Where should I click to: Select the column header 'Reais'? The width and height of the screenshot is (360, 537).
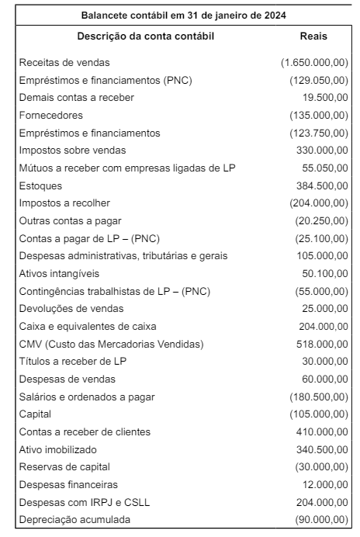pyautogui.click(x=313, y=36)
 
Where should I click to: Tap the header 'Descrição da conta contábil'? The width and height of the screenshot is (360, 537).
pyautogui.click(x=146, y=36)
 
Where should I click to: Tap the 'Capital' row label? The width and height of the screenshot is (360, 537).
pyautogui.click(x=35, y=414)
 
